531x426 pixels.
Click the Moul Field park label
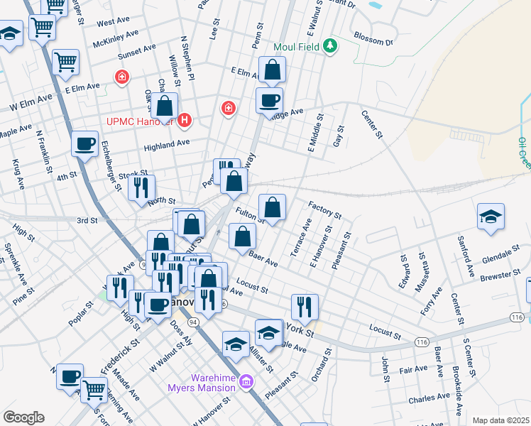[x=297, y=48]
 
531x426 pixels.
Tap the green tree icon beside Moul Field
[x=329, y=47]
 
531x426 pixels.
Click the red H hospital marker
[x=185, y=121]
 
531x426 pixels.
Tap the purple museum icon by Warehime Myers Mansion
[x=246, y=382]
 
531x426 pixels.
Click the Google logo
[x=23, y=417]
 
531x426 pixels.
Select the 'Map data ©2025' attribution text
[x=501, y=420]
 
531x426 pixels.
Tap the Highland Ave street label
[x=167, y=143]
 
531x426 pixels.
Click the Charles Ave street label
[x=429, y=397]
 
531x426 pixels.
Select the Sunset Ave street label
[x=138, y=50]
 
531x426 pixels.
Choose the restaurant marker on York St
[x=305, y=307]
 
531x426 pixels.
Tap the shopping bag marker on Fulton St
[x=272, y=208]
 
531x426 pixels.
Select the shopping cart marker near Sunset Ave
[x=65, y=62]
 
